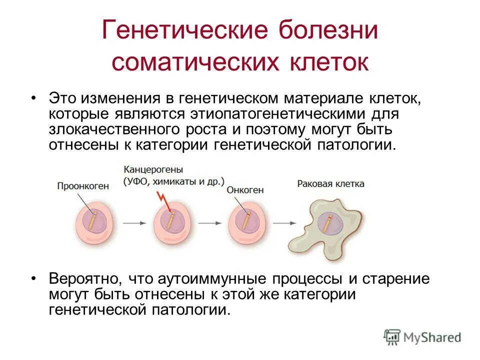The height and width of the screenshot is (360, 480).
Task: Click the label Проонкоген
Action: [x=83, y=186]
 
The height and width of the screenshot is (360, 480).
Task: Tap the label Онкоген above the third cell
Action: [x=245, y=190]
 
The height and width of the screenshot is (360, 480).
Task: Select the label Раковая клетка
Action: [x=330, y=184]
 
